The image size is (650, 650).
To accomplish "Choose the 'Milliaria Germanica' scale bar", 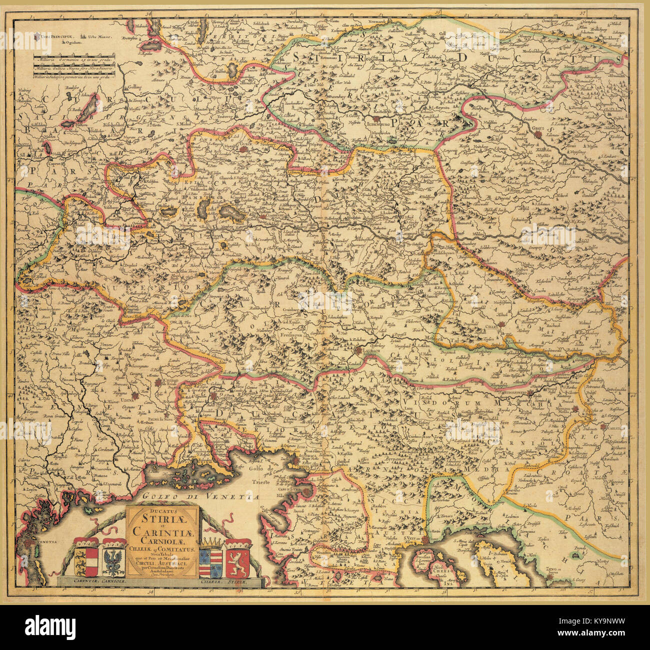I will (x=80, y=60).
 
